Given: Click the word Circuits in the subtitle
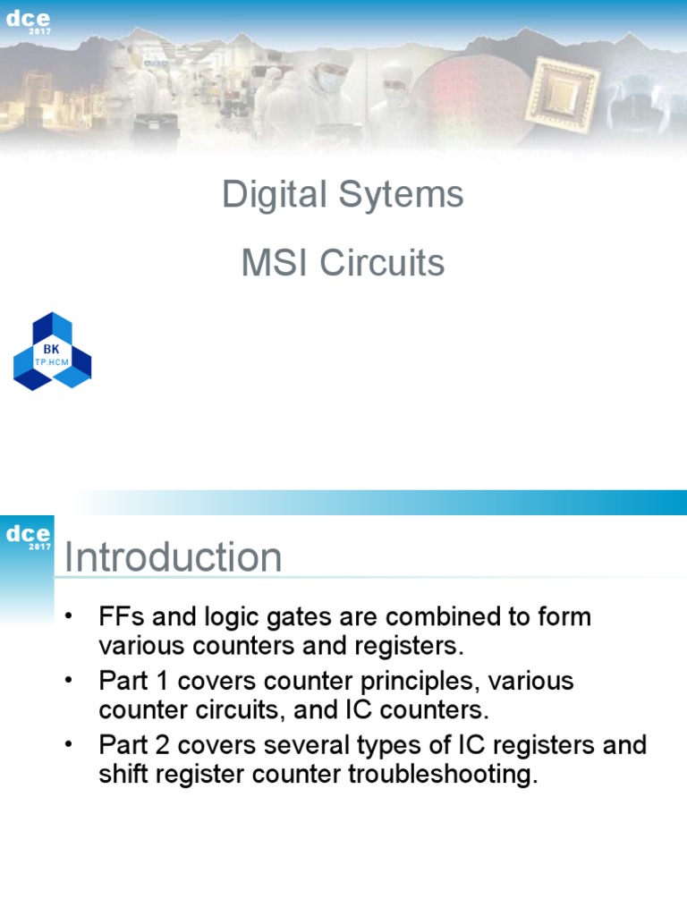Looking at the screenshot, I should pyautogui.click(x=382, y=263).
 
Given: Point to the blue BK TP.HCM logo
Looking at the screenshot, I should pyautogui.click(x=52, y=352).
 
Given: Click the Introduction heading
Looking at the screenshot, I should pyautogui.click(x=174, y=557).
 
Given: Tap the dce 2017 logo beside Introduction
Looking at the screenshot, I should pyautogui.click(x=28, y=537).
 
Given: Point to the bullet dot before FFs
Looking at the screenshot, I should pyautogui.click(x=69, y=617).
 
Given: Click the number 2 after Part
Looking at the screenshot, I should pyautogui.click(x=161, y=746).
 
